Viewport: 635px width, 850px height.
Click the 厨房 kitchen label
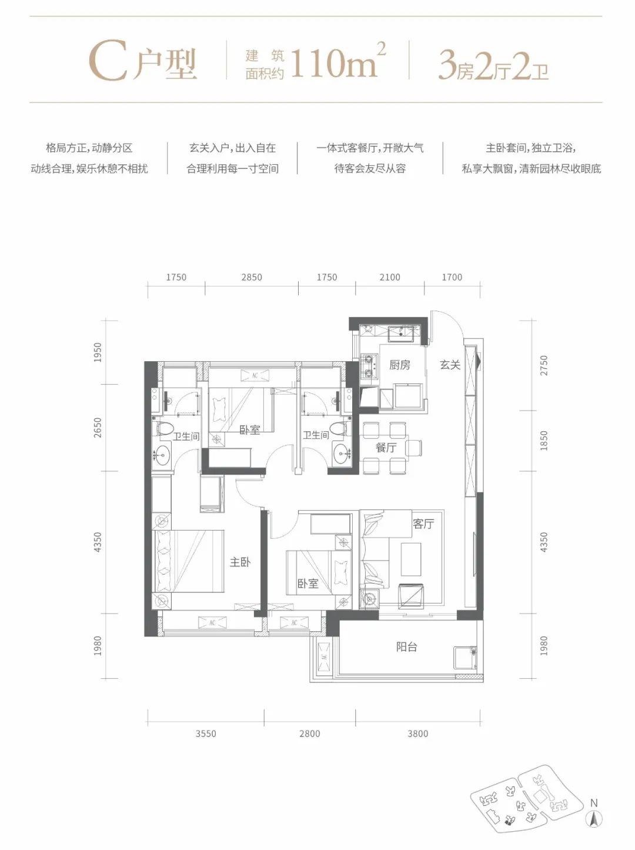[x=399, y=365]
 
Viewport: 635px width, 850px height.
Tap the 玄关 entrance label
[x=450, y=365]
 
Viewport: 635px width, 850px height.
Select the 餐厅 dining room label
[x=386, y=448]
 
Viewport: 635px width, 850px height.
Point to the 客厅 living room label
[x=423, y=524]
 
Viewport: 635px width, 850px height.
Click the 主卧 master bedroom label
[x=240, y=562]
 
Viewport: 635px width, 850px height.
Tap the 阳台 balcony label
[x=406, y=647]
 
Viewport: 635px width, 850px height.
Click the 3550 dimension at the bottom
[x=206, y=734]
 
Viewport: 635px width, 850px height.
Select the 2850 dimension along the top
[x=252, y=277]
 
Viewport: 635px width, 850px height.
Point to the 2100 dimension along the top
[x=389, y=277]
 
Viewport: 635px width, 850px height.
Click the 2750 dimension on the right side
[x=543, y=366]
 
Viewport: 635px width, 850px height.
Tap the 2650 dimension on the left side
[x=98, y=428]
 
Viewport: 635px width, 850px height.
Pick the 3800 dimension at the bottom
[x=417, y=734]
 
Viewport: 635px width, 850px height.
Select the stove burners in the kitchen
[x=369, y=365]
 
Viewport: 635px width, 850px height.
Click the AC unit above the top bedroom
[x=255, y=375]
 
